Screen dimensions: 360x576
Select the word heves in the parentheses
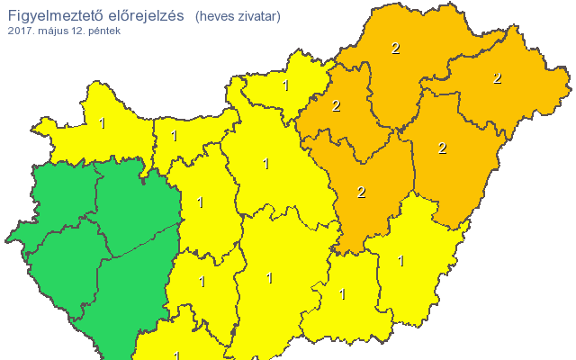click(217, 16)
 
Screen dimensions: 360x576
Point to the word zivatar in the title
click(258, 16)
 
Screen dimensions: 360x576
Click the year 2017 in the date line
click(19, 31)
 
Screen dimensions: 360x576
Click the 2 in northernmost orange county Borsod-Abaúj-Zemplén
click(395, 49)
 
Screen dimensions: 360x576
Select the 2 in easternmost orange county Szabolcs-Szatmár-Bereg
click(497, 78)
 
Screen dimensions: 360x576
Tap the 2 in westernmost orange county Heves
click(337, 105)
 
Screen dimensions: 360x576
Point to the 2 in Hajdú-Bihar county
click(442, 148)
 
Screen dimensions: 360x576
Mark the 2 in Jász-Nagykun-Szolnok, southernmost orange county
click(361, 192)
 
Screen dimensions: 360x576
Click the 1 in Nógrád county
click(285, 86)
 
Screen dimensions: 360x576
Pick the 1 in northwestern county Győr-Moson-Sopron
click(102, 123)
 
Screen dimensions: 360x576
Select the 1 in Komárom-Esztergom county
click(174, 137)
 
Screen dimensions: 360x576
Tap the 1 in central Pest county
click(265, 164)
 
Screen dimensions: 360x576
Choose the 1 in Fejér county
click(200, 202)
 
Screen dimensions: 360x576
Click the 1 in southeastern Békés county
click(400, 262)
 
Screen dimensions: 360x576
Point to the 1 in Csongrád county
click(342, 293)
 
